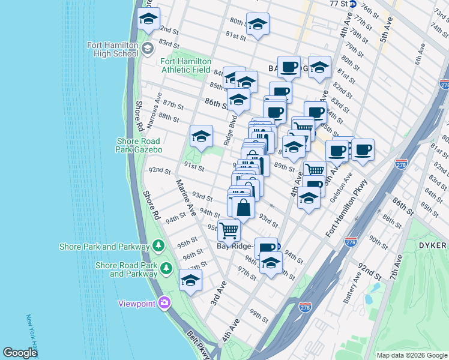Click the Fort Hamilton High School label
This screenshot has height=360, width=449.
(116, 49)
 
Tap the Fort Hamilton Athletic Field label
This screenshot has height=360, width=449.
(185, 65)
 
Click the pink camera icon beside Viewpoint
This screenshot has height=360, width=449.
(163, 303)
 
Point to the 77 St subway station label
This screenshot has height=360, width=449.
(339, 4)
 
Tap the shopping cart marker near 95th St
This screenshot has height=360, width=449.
(229, 229)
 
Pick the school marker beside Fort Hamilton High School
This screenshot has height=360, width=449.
(148, 19)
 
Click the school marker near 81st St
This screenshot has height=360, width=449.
(258, 25)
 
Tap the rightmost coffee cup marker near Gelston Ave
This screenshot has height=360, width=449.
(363, 150)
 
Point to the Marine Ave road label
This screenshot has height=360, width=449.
(186, 197)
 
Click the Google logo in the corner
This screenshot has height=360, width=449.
(20, 353)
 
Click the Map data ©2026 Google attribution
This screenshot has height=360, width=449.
(411, 355)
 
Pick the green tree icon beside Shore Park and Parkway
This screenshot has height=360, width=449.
(158, 246)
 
